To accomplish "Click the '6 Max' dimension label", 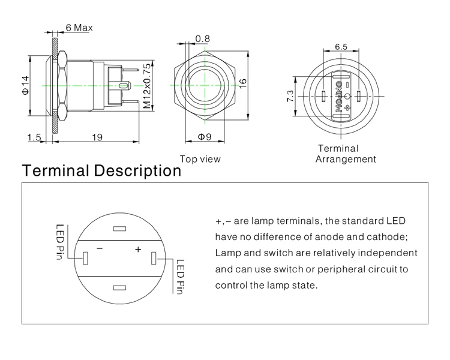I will click(78, 28).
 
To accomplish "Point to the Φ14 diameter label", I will click(25, 85).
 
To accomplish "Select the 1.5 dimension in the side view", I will click(34, 137).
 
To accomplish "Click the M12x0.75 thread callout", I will click(146, 85).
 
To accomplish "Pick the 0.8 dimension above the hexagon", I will click(203, 39).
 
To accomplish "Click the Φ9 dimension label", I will click(205, 137).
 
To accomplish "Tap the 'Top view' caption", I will click(200, 159).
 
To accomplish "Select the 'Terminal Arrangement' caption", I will click(346, 154).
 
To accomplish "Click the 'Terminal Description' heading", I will click(101, 170).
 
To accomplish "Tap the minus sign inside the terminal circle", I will click(100, 248).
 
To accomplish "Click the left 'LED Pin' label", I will click(60, 243).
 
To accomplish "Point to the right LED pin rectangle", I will click(155, 259).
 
